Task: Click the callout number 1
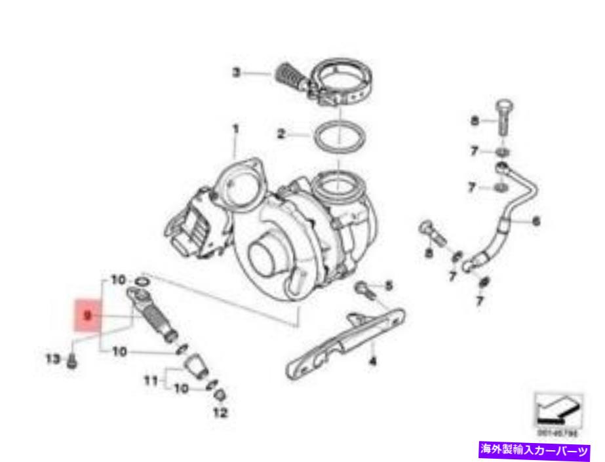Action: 235,129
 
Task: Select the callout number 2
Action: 281,136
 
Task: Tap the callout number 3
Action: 237,73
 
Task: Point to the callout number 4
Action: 372,360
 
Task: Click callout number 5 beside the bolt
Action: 388,286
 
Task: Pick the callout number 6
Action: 536,221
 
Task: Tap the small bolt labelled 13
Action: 72,360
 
